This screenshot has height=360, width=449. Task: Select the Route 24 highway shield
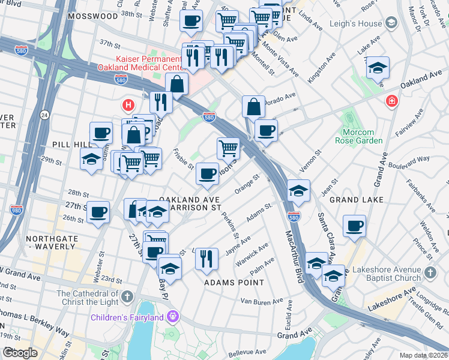coord(45,114)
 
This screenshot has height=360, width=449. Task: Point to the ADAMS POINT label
coord(234,282)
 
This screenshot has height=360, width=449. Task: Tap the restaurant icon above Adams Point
coord(206,259)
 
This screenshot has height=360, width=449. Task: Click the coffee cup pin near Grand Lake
coord(355,226)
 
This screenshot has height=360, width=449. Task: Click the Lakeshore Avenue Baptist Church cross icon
coord(430,274)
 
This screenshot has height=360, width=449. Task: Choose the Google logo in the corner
coord(20,353)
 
